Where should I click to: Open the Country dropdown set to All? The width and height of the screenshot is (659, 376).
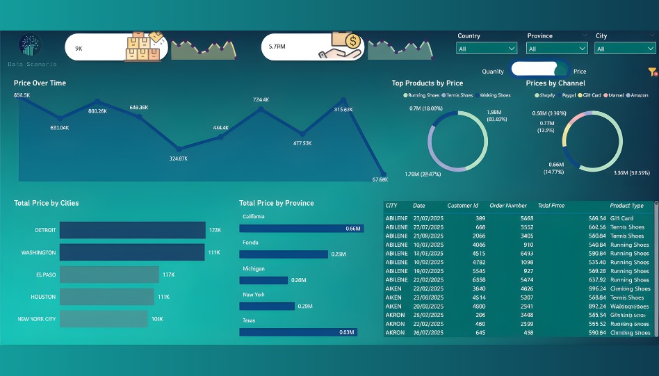487,49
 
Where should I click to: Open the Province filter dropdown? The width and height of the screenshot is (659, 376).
557,49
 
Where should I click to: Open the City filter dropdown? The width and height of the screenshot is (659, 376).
624,49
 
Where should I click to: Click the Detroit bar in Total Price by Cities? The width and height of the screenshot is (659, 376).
132,230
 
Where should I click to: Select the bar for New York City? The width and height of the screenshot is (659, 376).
104,319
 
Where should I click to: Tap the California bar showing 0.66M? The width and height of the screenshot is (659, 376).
302,228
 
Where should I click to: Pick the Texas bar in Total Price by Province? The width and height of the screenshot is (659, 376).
298,332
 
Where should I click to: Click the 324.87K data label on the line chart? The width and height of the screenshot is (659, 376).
179,158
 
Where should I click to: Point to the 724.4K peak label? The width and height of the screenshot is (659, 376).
261,100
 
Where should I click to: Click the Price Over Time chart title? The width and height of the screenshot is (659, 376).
40,83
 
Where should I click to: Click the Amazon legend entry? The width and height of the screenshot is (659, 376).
637,95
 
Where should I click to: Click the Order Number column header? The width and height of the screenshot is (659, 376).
508,206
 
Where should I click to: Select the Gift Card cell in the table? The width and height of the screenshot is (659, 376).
622,218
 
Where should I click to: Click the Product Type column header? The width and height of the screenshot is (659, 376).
626,206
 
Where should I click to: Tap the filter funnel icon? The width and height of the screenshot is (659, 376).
652,72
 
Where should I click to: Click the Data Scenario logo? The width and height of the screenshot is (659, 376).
30,46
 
